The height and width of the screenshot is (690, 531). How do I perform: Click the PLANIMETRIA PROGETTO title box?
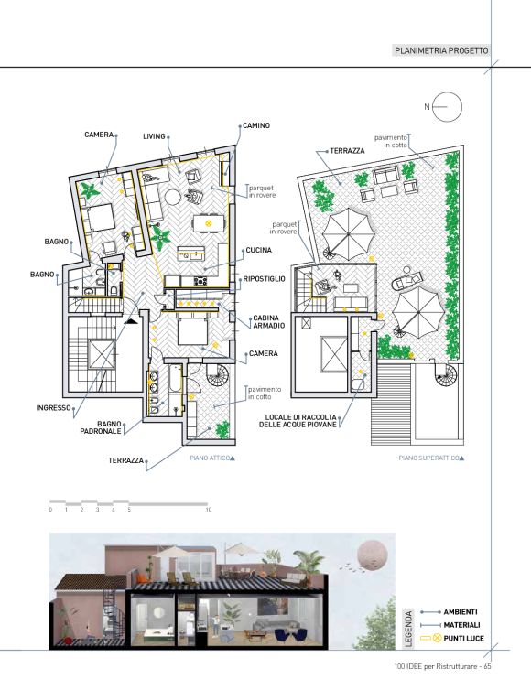pos(440,50)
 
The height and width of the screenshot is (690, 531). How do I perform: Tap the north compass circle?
pos(448,107)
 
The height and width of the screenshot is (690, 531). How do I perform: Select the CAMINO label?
pos(256,126)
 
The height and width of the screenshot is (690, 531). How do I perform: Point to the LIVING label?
pos(154,136)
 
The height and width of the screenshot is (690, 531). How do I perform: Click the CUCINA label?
pos(258,250)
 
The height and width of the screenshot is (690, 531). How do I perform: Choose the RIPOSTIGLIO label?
pos(265,279)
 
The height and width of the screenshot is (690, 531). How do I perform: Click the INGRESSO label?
pos(53,408)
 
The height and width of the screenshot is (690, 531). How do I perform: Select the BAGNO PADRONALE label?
pos(101,427)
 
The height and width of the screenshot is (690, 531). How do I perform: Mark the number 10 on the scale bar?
pos(208,510)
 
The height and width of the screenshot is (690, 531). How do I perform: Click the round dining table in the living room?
pos(172,197)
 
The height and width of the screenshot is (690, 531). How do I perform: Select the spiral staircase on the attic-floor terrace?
pos(218,375)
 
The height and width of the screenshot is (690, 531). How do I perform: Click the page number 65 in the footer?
pos(487,666)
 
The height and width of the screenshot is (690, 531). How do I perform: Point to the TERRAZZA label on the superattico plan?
pos(347,151)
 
